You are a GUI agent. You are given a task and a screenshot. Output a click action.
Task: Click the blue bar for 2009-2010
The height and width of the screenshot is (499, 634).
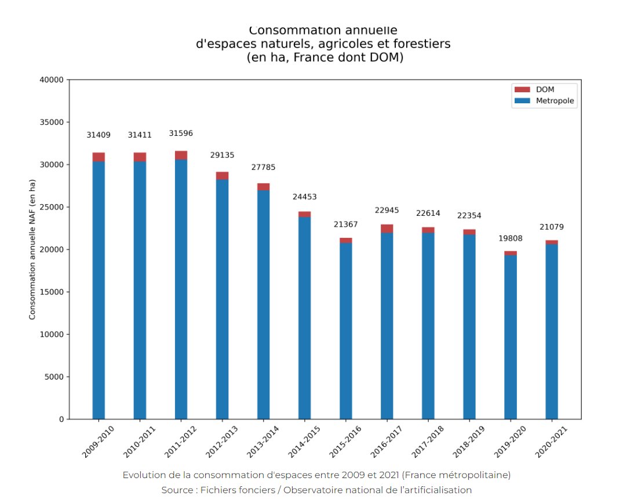pos(99,290)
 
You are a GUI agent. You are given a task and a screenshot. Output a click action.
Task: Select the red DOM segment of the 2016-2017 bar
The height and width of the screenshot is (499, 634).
pos(387,229)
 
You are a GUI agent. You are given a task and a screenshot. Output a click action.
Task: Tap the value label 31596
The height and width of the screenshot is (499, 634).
pos(181,133)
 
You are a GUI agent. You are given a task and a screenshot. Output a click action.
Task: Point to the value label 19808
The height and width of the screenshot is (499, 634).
pos(511,238)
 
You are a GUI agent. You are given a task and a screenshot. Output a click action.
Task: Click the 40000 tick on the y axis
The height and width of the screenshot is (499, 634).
pos(52,80)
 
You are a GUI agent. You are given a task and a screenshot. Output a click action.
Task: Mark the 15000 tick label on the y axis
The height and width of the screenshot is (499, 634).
pos(52,292)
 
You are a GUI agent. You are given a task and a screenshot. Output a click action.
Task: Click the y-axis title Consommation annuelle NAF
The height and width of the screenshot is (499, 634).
pos(32,249)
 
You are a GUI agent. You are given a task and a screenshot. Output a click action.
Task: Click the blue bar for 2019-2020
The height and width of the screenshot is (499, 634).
pos(511,337)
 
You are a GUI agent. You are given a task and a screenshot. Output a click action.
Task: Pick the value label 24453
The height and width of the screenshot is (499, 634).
pos(305,197)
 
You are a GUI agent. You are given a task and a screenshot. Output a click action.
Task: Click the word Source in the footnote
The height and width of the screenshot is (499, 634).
pos(177,490)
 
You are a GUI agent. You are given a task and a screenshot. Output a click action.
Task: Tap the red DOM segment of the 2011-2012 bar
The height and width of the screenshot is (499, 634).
pos(181,155)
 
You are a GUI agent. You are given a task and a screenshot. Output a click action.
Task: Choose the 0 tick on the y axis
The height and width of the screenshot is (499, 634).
pos(60,419)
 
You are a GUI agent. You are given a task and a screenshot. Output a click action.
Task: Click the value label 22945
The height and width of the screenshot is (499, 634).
pos(387,210)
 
